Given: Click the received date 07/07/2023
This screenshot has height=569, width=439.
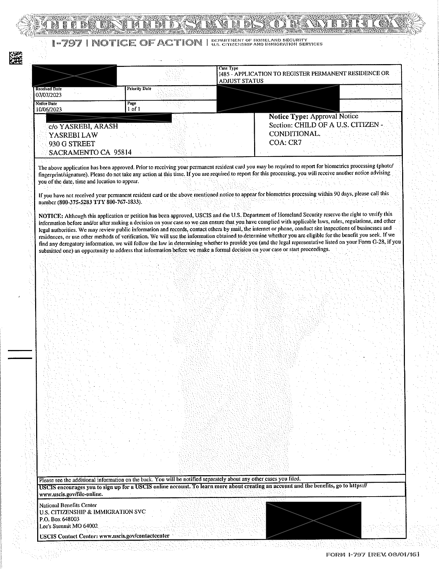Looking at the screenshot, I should click(49, 95).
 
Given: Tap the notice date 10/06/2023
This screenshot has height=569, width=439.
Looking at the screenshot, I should click(49, 109).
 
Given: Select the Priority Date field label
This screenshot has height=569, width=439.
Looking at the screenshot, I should click(139, 89).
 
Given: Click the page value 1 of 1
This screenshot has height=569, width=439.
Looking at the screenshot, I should click(134, 109).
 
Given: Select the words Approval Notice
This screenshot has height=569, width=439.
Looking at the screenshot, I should click(334, 117).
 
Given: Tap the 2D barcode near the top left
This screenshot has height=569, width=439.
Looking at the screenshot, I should click(15, 58).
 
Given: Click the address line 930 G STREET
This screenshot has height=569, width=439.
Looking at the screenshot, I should click(72, 143).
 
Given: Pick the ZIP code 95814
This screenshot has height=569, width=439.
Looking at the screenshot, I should click(123, 152).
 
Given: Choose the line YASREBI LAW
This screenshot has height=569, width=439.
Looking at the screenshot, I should click(73, 135).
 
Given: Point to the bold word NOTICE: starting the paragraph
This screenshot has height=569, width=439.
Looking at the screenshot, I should click(51, 216).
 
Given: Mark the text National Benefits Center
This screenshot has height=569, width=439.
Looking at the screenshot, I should click(68, 505).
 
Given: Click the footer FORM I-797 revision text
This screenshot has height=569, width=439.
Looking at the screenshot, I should click(373, 555).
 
